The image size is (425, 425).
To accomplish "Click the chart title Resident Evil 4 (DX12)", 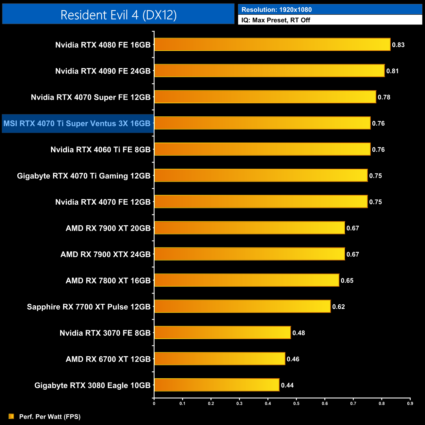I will tap(118, 15).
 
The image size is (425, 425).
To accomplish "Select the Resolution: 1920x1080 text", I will tap(276, 9).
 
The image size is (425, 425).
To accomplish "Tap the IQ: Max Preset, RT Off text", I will tap(276, 20).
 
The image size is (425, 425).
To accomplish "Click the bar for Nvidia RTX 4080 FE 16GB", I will tap(272, 44).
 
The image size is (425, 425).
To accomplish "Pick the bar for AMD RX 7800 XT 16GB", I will tap(246, 280).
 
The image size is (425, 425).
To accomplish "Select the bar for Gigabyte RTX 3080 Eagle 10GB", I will tap(216, 385).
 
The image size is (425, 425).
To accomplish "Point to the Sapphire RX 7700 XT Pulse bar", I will tap(242, 306).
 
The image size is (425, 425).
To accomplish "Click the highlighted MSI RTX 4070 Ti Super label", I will tap(77, 124).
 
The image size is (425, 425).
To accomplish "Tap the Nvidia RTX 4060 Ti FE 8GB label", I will tap(100, 150).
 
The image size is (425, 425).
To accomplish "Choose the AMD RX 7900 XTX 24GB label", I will tap(105, 254).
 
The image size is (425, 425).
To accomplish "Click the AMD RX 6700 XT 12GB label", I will tap(108, 359).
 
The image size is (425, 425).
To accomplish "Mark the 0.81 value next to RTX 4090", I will tap(392, 71).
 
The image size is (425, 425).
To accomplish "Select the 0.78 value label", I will tap(384, 97).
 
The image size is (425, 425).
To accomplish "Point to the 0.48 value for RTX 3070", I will tap(298, 333).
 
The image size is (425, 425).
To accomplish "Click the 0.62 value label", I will tap(338, 307).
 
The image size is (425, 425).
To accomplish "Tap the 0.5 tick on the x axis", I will tap(296, 403).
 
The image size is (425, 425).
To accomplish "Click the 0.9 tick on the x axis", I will tap(410, 403).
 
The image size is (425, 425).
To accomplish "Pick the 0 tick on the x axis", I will tap(154, 403).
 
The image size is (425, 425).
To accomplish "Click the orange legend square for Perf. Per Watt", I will tap(11, 416).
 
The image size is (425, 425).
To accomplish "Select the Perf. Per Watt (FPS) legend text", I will tap(50, 416).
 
